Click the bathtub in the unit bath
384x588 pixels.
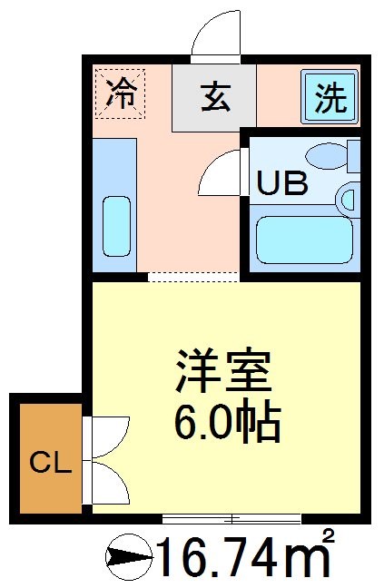303,239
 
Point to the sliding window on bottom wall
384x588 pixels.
231,519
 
